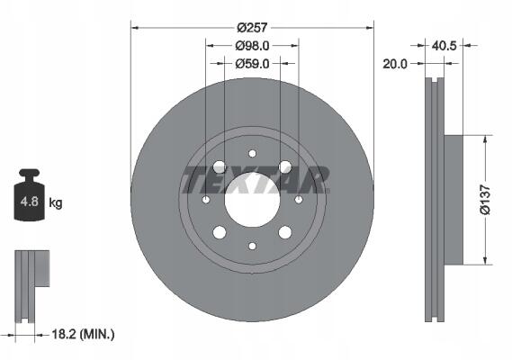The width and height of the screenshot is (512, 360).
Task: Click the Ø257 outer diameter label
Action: [252, 27]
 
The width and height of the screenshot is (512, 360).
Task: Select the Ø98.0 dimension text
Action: [253, 46]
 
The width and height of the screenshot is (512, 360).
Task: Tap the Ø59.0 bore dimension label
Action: [253, 64]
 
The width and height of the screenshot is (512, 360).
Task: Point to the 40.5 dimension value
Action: [444, 45]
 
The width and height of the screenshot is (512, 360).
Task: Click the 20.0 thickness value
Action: [395, 64]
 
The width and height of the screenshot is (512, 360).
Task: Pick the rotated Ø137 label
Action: [485, 200]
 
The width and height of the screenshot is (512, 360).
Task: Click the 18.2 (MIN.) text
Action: [84, 334]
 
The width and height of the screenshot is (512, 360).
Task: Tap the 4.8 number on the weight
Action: [30, 202]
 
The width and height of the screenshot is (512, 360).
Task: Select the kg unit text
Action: [56, 202]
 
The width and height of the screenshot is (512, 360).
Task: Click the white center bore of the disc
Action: [252, 200]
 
